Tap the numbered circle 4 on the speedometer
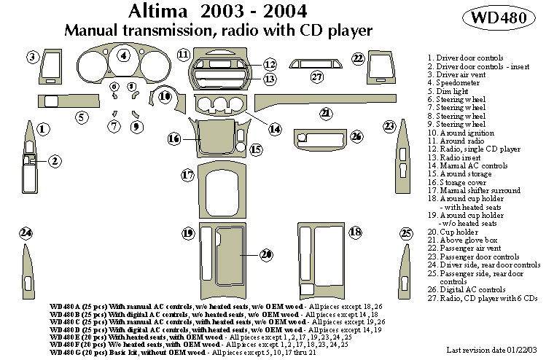pyautogui.click(x=124, y=55)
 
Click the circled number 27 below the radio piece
pyautogui.click(x=316, y=77)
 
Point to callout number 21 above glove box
pyautogui.click(x=326, y=113)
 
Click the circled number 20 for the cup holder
pyautogui.click(x=266, y=254)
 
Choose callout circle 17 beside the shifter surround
pyautogui.click(x=187, y=175)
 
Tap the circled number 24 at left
pyautogui.click(x=26, y=233)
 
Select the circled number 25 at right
pyautogui.click(x=406, y=233)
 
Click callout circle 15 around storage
pyautogui.click(x=256, y=149)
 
